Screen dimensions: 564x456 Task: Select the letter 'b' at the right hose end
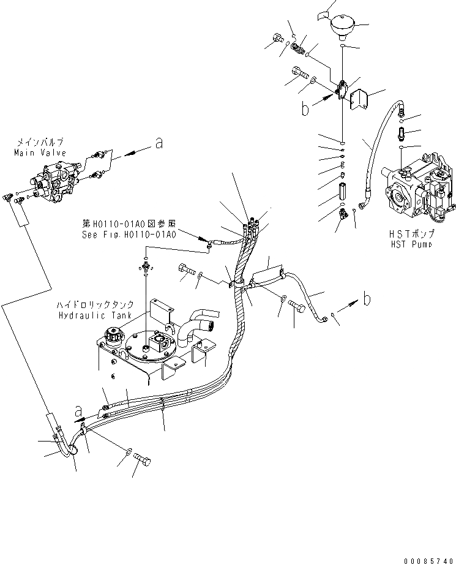(367, 299)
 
